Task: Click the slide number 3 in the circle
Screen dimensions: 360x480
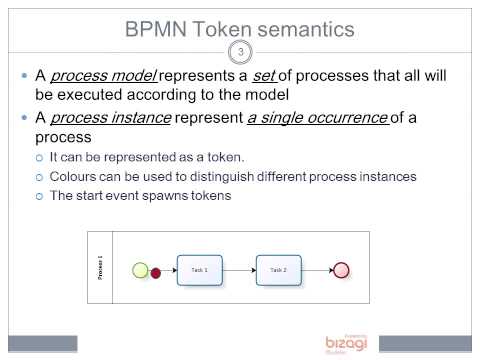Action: coord(238,53)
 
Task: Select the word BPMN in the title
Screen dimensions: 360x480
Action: coord(161,29)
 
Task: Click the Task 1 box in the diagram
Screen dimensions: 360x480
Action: coord(200,270)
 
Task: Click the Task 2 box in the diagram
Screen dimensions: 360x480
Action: coord(278,270)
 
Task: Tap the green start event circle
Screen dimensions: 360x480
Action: coord(140,270)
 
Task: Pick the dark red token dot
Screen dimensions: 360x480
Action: coord(156,271)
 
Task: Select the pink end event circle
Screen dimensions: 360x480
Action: coord(341,270)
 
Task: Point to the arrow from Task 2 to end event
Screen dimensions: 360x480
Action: coord(317,270)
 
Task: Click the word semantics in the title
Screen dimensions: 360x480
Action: coord(304,29)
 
